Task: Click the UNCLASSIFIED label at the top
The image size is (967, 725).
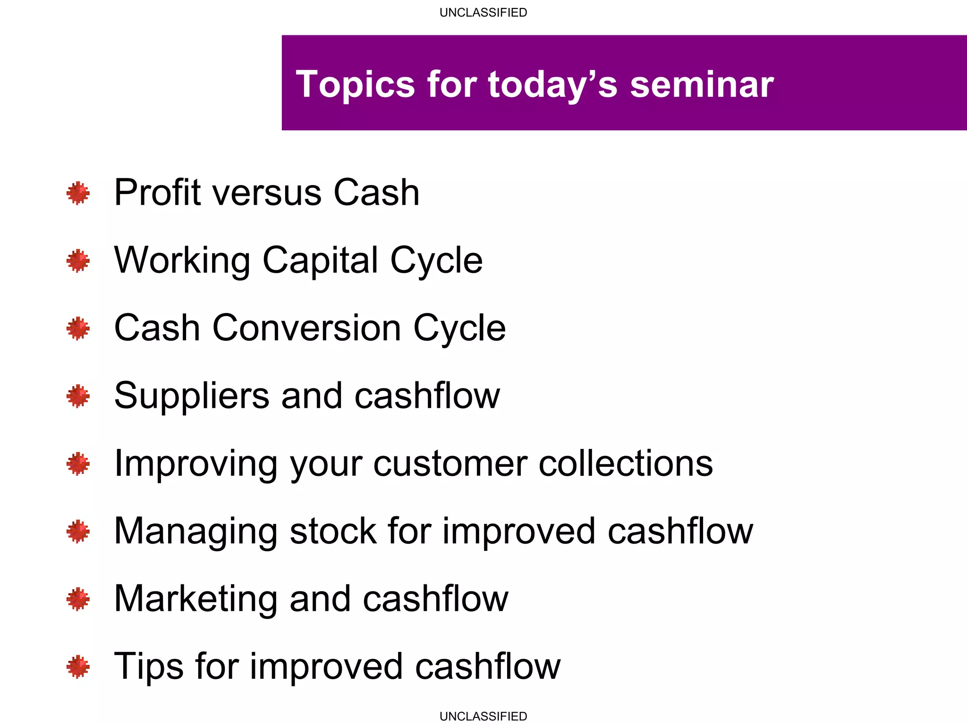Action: click(x=483, y=13)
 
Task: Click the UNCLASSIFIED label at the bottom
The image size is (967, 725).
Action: click(x=483, y=716)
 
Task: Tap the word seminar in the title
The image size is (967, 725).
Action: click(x=702, y=85)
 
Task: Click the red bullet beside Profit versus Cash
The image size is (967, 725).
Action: click(x=78, y=193)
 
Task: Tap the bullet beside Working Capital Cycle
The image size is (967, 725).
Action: click(x=78, y=261)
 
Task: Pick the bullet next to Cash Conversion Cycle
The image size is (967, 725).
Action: click(x=78, y=329)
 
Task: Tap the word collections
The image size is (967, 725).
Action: click(x=626, y=464)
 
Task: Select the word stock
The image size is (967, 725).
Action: click(x=333, y=531)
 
